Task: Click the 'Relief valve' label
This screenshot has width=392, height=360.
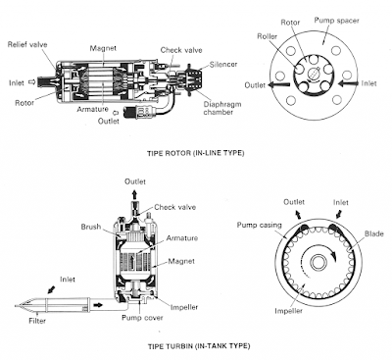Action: coord(27,44)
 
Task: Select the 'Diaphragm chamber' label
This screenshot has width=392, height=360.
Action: coord(222,108)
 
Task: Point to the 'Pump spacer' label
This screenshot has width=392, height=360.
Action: coord(336,21)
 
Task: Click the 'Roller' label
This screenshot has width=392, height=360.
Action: coord(268,36)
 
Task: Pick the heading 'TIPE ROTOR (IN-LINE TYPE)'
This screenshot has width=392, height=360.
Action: coord(196,153)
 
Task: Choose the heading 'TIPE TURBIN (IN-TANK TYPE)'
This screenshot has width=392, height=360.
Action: coord(199,346)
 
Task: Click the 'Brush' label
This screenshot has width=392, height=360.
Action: coord(91,227)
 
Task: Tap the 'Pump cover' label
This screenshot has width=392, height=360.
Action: coord(142,318)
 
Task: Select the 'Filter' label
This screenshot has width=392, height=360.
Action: coord(37,321)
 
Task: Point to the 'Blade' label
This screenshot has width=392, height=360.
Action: coord(374,233)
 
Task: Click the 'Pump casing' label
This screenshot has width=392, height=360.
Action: coord(259,225)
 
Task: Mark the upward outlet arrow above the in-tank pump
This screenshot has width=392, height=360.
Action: coord(134,194)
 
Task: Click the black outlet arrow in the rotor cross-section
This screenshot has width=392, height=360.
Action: coord(278,84)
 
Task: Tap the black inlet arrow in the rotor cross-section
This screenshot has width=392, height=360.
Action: coord(349,84)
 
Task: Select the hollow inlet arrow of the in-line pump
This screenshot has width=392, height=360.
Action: coord(31,82)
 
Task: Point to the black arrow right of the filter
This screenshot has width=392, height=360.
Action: coord(98,305)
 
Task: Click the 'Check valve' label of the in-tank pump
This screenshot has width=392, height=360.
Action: coord(175,207)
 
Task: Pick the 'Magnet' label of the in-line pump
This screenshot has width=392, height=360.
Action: coord(103,48)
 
